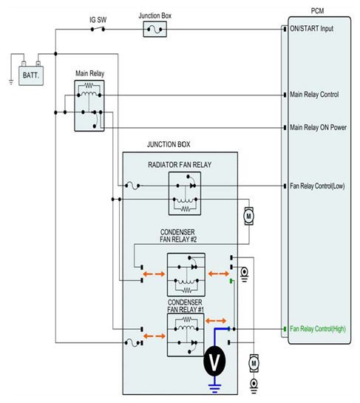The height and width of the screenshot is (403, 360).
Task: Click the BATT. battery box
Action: [31, 75]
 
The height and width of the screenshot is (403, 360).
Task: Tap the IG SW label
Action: [98, 20]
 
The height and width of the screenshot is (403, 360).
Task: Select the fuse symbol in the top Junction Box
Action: [154, 30]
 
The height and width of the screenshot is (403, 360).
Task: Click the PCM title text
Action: [317, 11]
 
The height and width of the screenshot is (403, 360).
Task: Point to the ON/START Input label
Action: [312, 29]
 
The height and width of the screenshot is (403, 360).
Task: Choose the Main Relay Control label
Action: [314, 95]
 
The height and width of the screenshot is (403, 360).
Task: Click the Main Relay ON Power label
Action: [318, 127]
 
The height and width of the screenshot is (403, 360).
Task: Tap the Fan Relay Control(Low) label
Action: [317, 186]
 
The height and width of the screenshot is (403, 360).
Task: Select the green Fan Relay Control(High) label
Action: [318, 329]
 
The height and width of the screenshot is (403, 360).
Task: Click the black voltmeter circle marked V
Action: [214, 361]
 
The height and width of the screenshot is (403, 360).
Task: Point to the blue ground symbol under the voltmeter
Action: [214, 388]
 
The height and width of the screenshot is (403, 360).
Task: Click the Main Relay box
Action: [89, 106]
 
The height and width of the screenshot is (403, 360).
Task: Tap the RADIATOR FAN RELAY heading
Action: [180, 165]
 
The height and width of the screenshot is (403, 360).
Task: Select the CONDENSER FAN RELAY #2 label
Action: [178, 236]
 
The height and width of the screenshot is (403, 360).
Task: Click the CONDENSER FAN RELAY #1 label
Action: [185, 306]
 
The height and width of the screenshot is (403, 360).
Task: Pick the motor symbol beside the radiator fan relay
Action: [248, 216]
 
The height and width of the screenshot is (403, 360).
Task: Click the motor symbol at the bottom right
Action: [254, 363]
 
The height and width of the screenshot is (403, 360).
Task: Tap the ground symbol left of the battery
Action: [11, 82]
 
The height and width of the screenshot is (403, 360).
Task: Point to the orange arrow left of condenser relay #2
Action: [154, 274]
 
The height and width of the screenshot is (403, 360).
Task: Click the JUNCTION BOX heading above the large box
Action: [169, 144]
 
